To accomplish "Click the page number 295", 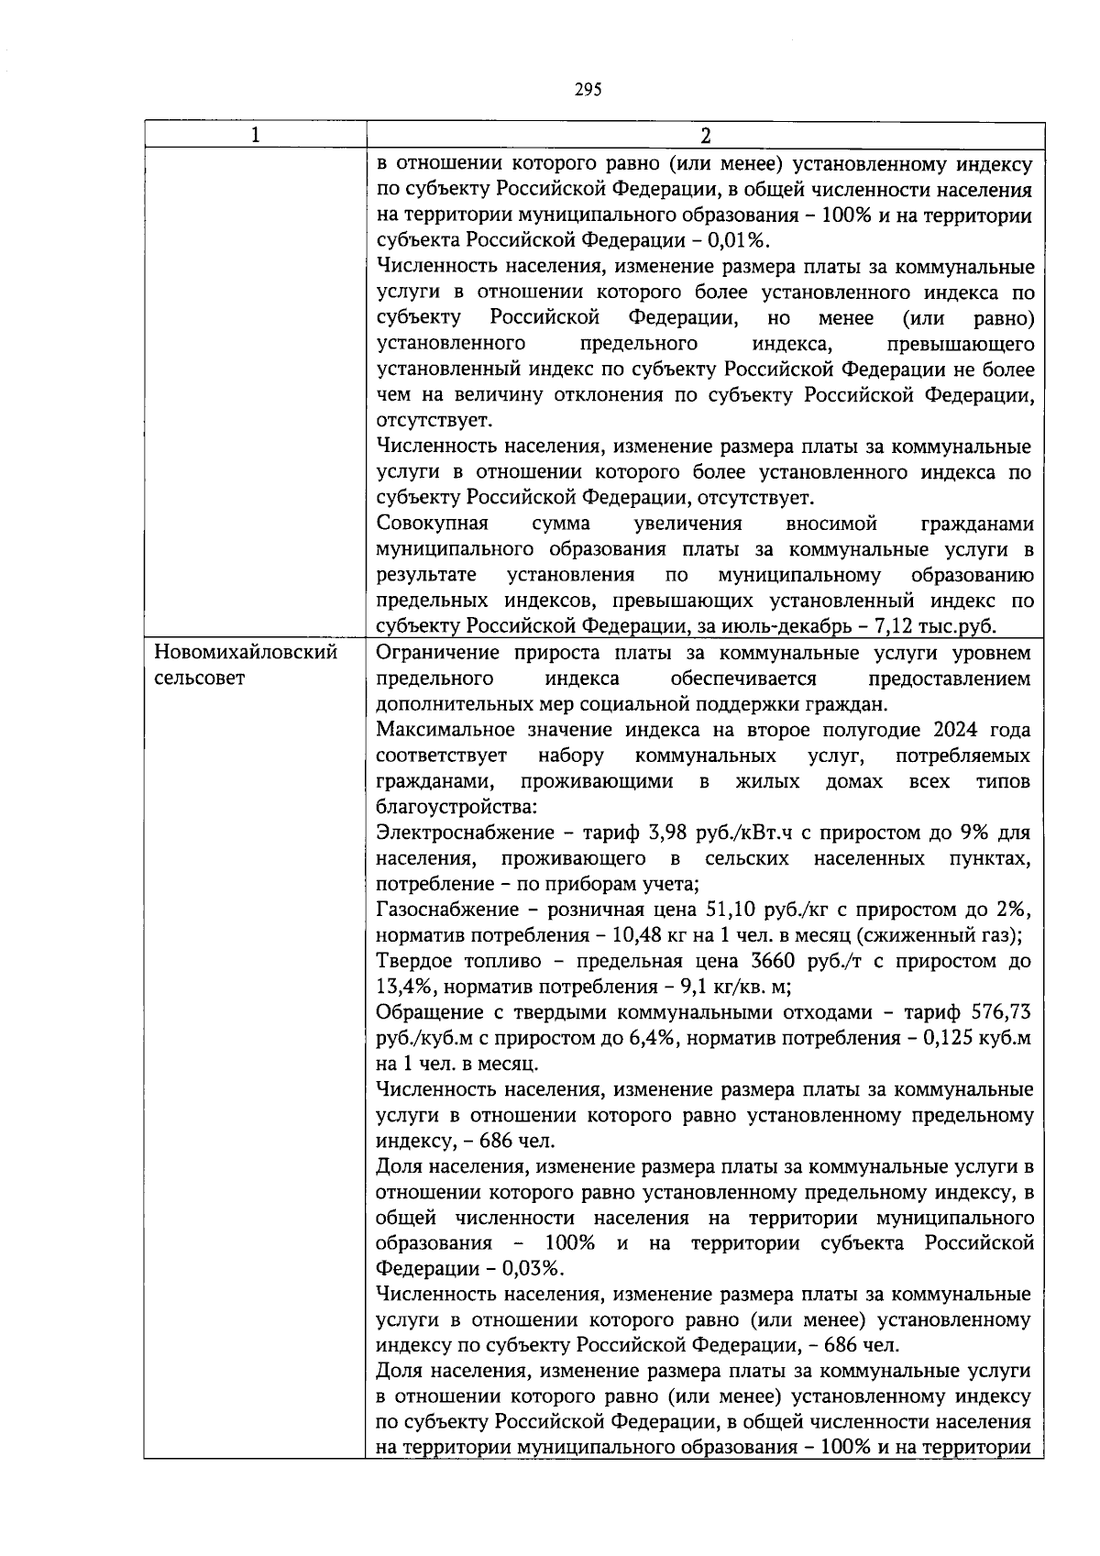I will click(588, 89).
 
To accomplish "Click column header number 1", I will click(255, 135).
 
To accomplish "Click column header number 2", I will click(705, 136).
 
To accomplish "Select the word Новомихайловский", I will click(246, 654).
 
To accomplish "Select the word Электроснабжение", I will click(453, 833).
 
